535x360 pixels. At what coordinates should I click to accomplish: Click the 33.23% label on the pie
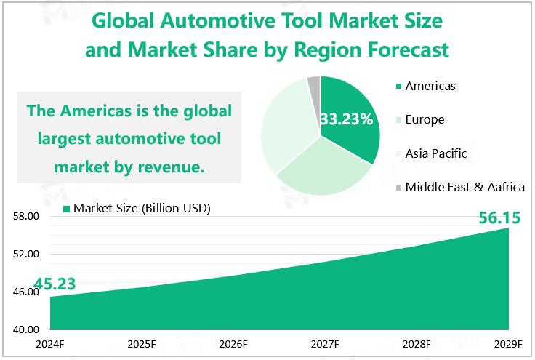(x=346, y=119)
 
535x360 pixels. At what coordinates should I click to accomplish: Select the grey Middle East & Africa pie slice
(x=314, y=84)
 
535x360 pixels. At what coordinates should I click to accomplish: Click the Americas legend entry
(x=430, y=87)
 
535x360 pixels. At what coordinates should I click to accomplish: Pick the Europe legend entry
(x=425, y=120)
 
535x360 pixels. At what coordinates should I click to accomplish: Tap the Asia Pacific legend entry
(x=435, y=153)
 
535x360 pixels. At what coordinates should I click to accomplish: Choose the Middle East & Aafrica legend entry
(x=464, y=187)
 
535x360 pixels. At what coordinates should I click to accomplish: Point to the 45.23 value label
(x=55, y=284)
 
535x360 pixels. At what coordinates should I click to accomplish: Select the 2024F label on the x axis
(x=50, y=344)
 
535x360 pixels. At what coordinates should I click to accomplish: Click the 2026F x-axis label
(x=233, y=344)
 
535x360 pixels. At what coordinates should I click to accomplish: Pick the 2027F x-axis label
(x=325, y=344)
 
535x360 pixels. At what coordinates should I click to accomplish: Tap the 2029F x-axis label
(x=508, y=344)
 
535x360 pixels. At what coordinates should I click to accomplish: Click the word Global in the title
(x=124, y=22)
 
